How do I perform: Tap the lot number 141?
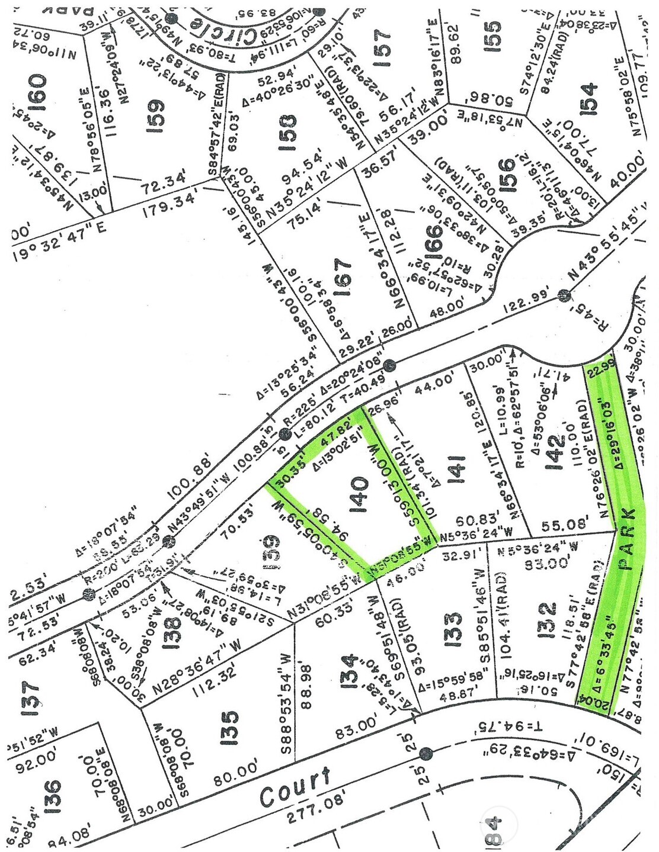(x=460, y=471)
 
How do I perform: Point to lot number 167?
(x=344, y=274)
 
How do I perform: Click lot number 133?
(x=453, y=629)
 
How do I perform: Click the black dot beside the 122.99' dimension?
(x=564, y=295)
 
